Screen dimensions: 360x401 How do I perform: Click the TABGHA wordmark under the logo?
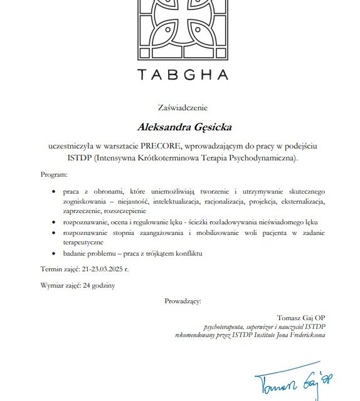[x=183, y=75]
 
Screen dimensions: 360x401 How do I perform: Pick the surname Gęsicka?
[x=210, y=128]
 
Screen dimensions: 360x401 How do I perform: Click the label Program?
[x=53, y=175]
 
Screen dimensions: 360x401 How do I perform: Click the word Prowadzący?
[x=183, y=301]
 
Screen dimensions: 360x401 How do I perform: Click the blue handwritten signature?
[x=291, y=380]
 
